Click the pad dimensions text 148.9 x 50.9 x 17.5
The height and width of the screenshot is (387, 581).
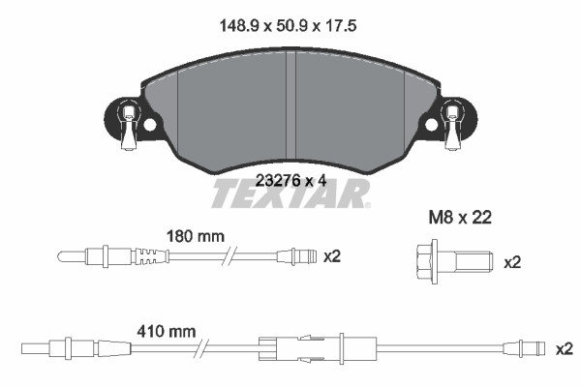(288, 26)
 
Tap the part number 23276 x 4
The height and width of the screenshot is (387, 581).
(291, 181)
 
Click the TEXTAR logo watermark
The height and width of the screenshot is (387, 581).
(290, 193)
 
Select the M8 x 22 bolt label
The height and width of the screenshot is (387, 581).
(460, 218)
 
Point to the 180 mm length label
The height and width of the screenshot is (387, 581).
(196, 236)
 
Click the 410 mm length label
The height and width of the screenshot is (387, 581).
(167, 332)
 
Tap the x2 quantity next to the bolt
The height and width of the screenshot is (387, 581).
(512, 262)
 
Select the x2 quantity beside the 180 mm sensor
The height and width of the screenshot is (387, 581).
(331, 256)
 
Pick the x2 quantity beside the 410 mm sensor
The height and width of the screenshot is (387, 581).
(564, 349)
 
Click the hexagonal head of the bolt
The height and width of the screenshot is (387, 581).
(425, 262)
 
